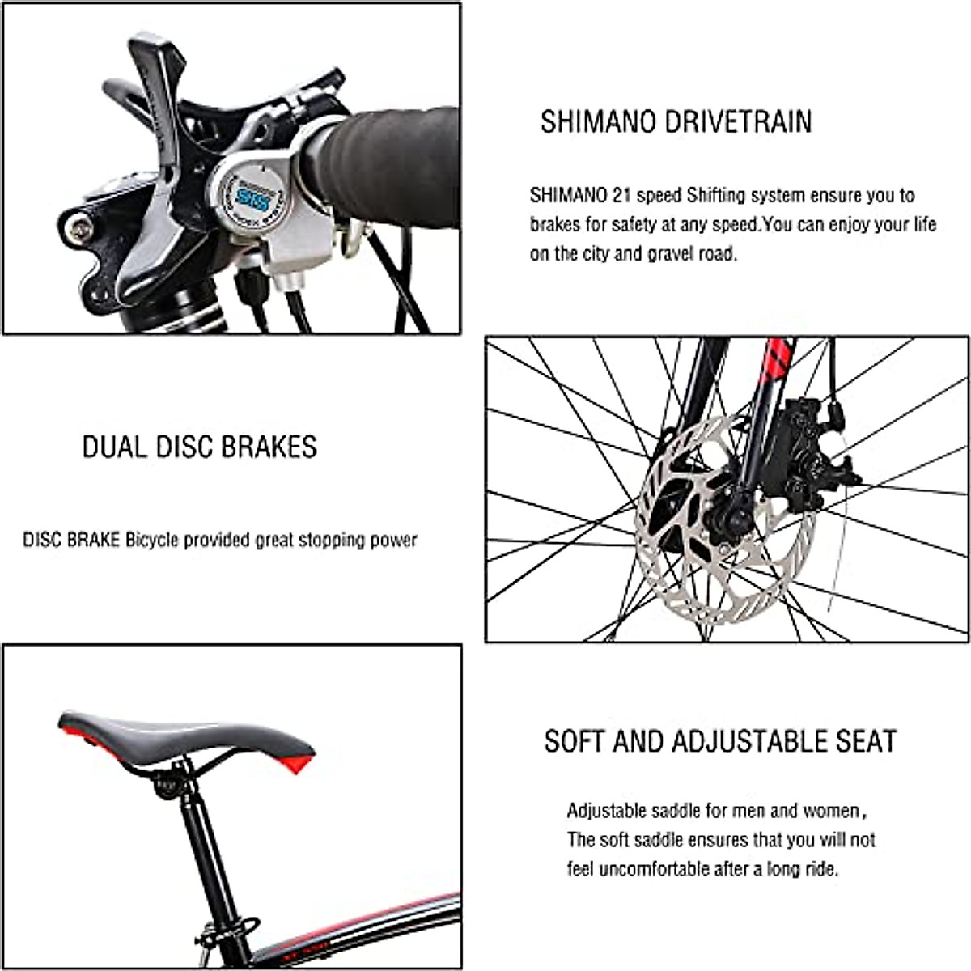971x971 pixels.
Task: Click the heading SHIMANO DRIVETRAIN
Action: pyautogui.click(x=676, y=121)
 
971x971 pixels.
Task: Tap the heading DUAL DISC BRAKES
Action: pyautogui.click(x=200, y=447)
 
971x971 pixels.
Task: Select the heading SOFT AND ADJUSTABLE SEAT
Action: pyautogui.click(x=720, y=741)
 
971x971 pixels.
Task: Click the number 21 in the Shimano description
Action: pyautogui.click(x=623, y=195)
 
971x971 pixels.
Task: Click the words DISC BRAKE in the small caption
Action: pyautogui.click(x=72, y=540)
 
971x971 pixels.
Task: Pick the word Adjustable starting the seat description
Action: pyautogui.click(x=607, y=811)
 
